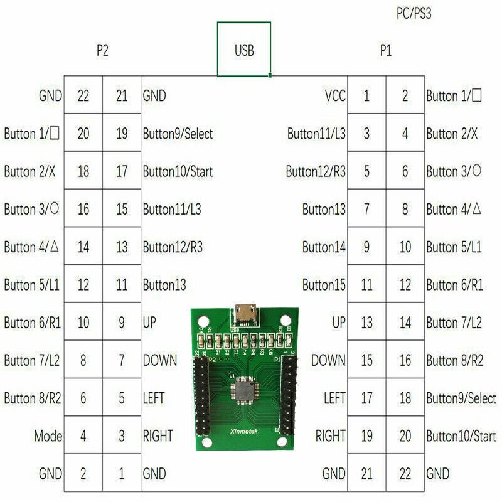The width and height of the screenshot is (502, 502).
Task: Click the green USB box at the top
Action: click(244, 50)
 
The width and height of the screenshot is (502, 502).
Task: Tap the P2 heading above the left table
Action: click(102, 51)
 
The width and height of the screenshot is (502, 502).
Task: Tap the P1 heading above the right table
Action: click(386, 51)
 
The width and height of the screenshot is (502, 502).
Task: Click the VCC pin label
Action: click(335, 96)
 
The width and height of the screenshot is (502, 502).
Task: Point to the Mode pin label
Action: click(48, 435)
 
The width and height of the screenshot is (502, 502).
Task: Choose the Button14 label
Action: click(324, 247)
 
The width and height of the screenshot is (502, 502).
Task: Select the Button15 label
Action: click(324, 285)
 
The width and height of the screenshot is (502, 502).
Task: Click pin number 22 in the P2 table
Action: click(83, 96)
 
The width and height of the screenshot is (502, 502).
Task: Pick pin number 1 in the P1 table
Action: click(366, 96)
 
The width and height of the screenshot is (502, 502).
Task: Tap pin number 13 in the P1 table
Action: click(366, 323)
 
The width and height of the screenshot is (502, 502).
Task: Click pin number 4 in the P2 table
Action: click(83, 435)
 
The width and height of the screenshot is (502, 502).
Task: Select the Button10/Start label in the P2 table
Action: click(178, 171)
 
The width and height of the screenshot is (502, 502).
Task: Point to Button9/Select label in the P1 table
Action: click(461, 398)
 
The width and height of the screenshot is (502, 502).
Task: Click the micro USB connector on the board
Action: click(243, 313)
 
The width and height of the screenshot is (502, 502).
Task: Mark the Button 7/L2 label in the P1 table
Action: click(454, 323)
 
